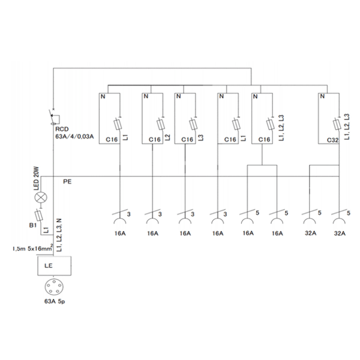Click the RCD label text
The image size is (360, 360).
pos(62,129)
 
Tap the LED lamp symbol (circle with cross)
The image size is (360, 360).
pos(41,197)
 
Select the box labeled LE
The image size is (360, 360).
pos(55,266)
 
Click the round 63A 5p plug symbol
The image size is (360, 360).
pos(54,287)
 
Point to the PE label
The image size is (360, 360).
pos(67,182)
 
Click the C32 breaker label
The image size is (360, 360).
pos(332,140)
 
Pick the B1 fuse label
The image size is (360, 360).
pos(33,225)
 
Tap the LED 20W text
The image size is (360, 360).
pos(37,178)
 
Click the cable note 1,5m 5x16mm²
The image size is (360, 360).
pos(32,248)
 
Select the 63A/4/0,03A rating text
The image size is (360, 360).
pos(74,136)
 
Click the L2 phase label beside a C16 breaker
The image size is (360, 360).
pos(168,137)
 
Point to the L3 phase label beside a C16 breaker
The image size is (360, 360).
pos(200,137)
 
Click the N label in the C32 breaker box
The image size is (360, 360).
pos(322,96)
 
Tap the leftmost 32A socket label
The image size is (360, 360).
pos(311,233)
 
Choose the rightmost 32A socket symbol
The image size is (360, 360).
pos(339,217)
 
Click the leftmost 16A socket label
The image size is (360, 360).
pos(120,233)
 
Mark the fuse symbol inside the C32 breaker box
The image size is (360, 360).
pos(337,124)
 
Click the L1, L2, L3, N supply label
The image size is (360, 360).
pos(59,235)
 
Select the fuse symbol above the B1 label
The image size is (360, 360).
pos(38,215)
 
